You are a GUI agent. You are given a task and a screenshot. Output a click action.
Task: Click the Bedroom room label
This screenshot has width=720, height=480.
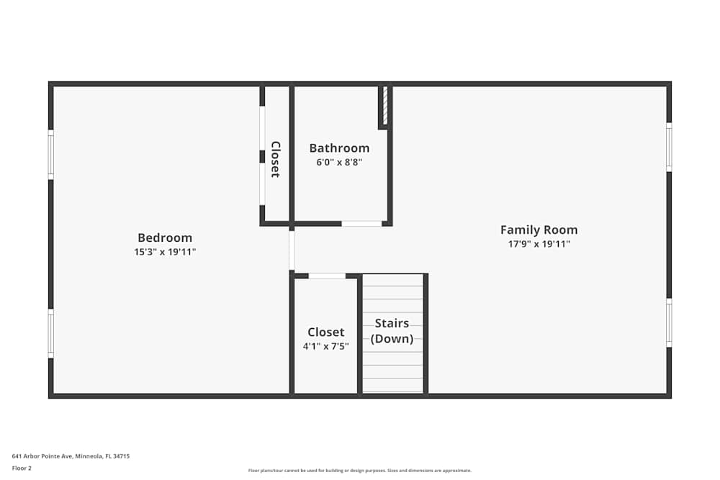[165, 237]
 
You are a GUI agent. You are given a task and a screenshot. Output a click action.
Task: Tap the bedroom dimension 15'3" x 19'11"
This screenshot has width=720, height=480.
[165, 252]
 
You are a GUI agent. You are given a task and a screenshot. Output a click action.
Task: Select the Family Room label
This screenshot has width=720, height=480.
[539, 230]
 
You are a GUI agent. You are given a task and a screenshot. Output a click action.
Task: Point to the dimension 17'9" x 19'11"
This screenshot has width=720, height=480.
[539, 244]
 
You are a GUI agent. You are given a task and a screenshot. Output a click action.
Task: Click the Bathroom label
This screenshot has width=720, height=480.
[339, 148]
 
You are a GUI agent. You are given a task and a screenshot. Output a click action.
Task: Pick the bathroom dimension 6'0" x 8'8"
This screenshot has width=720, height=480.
[339, 163]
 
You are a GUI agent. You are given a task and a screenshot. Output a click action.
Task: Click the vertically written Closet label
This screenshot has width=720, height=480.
[275, 159]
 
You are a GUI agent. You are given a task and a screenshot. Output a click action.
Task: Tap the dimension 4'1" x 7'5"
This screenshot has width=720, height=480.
[325, 346]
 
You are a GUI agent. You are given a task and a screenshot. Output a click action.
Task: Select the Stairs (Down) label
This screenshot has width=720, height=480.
[392, 331]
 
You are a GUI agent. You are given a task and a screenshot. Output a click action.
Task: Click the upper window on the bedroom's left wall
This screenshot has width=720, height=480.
[50, 154]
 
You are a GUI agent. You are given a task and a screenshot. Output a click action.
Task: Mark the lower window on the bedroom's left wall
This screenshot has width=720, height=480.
[50, 333]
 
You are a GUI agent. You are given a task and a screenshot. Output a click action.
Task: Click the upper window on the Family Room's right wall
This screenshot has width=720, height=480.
[669, 147]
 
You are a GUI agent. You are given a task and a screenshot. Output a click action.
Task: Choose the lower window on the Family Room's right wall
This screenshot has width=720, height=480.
[669, 323]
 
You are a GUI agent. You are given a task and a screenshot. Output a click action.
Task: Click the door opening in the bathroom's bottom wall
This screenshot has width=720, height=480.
[361, 224]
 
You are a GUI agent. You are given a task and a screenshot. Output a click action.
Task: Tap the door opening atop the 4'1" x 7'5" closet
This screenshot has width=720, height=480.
[327, 276]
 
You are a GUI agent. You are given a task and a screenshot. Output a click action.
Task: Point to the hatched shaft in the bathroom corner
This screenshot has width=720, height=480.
[385, 106]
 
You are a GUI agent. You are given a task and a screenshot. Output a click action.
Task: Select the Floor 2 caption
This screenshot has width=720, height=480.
[22, 468]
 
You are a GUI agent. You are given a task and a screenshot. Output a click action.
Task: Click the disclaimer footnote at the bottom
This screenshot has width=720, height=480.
[360, 471]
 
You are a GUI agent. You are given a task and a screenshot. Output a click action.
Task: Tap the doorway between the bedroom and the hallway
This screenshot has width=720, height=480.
[292, 250]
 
